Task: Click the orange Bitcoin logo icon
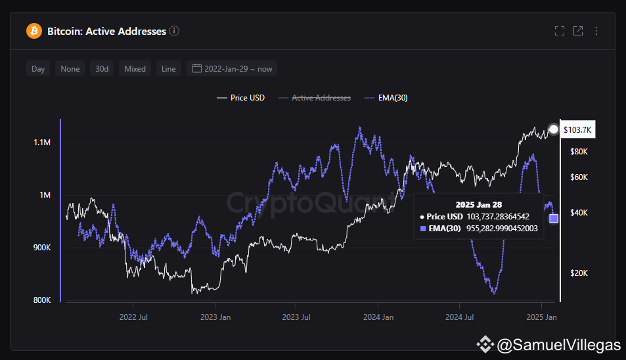coord(34,31)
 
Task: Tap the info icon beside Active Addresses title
coord(174,31)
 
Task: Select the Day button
coord(38,68)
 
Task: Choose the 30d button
coord(102,68)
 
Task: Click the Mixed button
coord(135,68)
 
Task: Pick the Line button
coord(168,68)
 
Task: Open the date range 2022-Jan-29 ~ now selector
coord(232,68)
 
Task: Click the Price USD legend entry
coord(240,98)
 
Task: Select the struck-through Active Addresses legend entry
coord(315,98)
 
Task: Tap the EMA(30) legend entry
coord(386,98)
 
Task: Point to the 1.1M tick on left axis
coord(42,143)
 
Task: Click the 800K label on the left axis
coord(42,300)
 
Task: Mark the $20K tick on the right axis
coord(579,273)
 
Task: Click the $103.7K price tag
coord(577,129)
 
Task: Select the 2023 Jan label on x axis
coord(215,317)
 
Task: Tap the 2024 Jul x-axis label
coord(460,317)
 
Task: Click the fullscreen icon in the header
coord(560,31)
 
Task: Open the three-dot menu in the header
coord(596,31)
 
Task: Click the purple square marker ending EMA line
coord(553,218)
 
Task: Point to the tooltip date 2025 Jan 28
coord(479,205)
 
